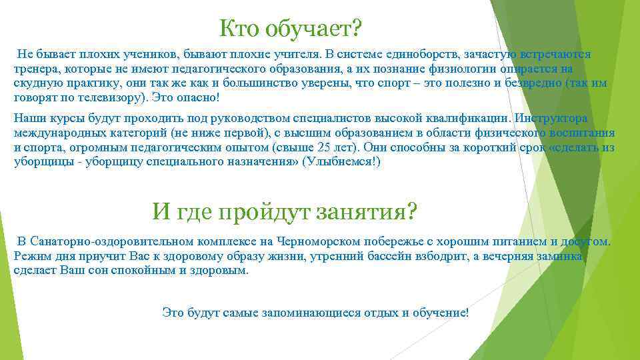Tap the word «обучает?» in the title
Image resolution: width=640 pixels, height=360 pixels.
[x=313, y=28]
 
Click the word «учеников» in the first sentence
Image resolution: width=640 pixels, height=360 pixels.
[x=142, y=54]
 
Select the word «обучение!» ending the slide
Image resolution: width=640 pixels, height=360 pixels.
[x=442, y=313]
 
